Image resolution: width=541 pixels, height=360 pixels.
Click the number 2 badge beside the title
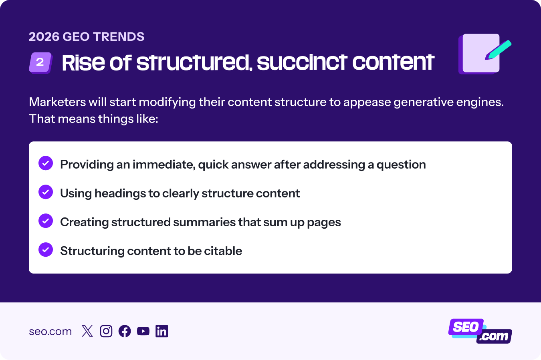pos(40,62)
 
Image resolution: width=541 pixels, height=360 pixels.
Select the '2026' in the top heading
pos(44,37)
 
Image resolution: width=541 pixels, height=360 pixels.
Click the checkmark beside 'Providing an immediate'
pos(46,163)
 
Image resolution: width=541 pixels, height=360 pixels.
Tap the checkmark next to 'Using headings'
pos(46,192)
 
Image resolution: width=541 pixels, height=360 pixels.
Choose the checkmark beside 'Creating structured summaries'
pos(46,221)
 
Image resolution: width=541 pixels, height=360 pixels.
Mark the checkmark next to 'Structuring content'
pos(46,250)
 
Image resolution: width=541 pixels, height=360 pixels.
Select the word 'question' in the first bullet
pos(401,165)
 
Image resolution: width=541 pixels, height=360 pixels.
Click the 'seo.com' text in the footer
pos(50,332)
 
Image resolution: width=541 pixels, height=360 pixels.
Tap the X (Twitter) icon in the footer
pos(87,331)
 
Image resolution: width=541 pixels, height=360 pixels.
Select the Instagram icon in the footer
pos(106,331)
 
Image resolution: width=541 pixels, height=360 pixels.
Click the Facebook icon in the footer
pos(125,331)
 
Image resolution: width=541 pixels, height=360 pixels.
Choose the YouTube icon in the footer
pos(143,331)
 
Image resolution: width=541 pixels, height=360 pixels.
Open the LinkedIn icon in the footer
pos(161,331)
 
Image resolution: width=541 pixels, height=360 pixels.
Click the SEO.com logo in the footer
pos(480,331)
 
